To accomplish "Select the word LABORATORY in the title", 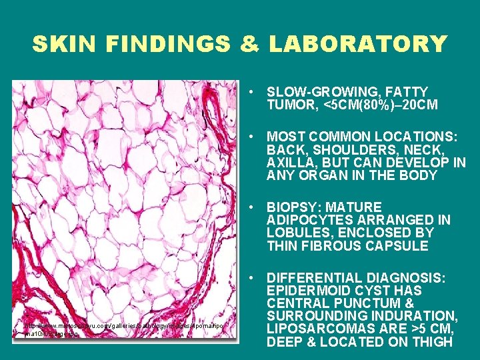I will pos(357,44).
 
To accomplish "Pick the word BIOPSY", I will pos(291,207).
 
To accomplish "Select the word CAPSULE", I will pos(398,245).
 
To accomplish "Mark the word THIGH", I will pos(433,342).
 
